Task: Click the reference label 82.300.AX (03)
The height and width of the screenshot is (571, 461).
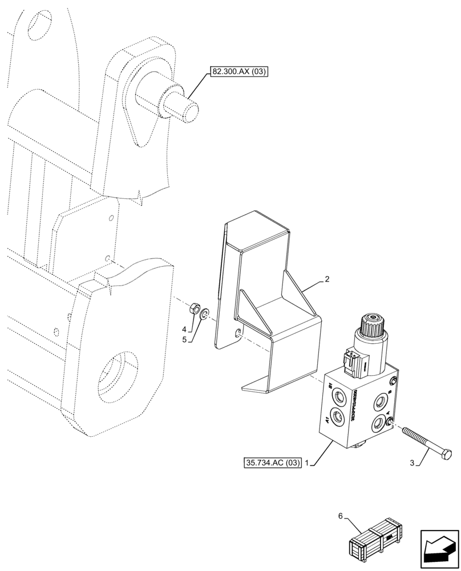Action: pyautogui.click(x=238, y=72)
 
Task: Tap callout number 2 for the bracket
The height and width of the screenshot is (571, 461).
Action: pyautogui.click(x=327, y=280)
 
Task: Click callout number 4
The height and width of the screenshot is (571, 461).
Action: pyautogui.click(x=184, y=329)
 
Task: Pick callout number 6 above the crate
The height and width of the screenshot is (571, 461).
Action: pyautogui.click(x=340, y=516)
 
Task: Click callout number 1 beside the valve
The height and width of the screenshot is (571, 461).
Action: pyautogui.click(x=308, y=462)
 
